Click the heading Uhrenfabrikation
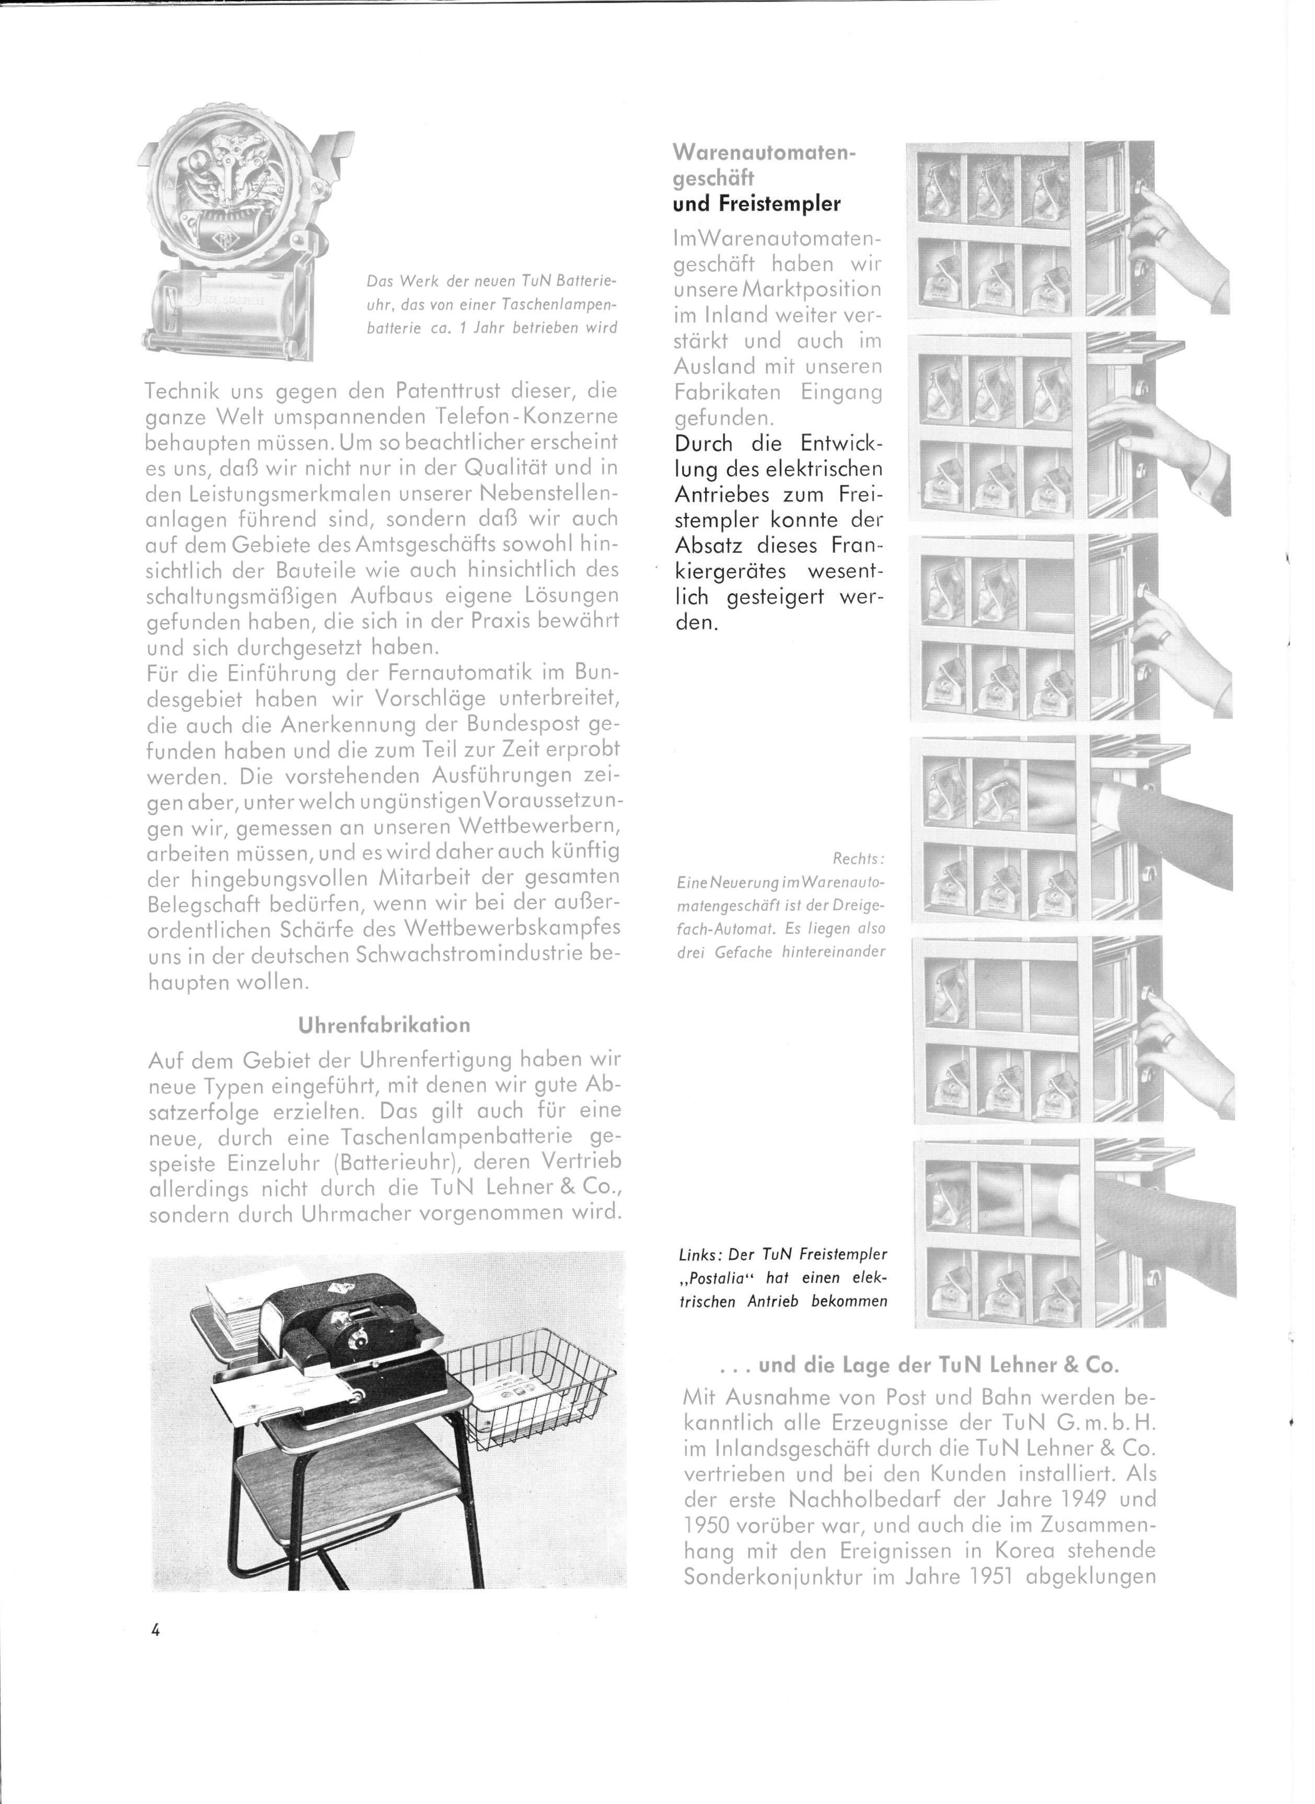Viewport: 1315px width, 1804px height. click(384, 1024)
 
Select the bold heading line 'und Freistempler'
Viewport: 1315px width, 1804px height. click(756, 204)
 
